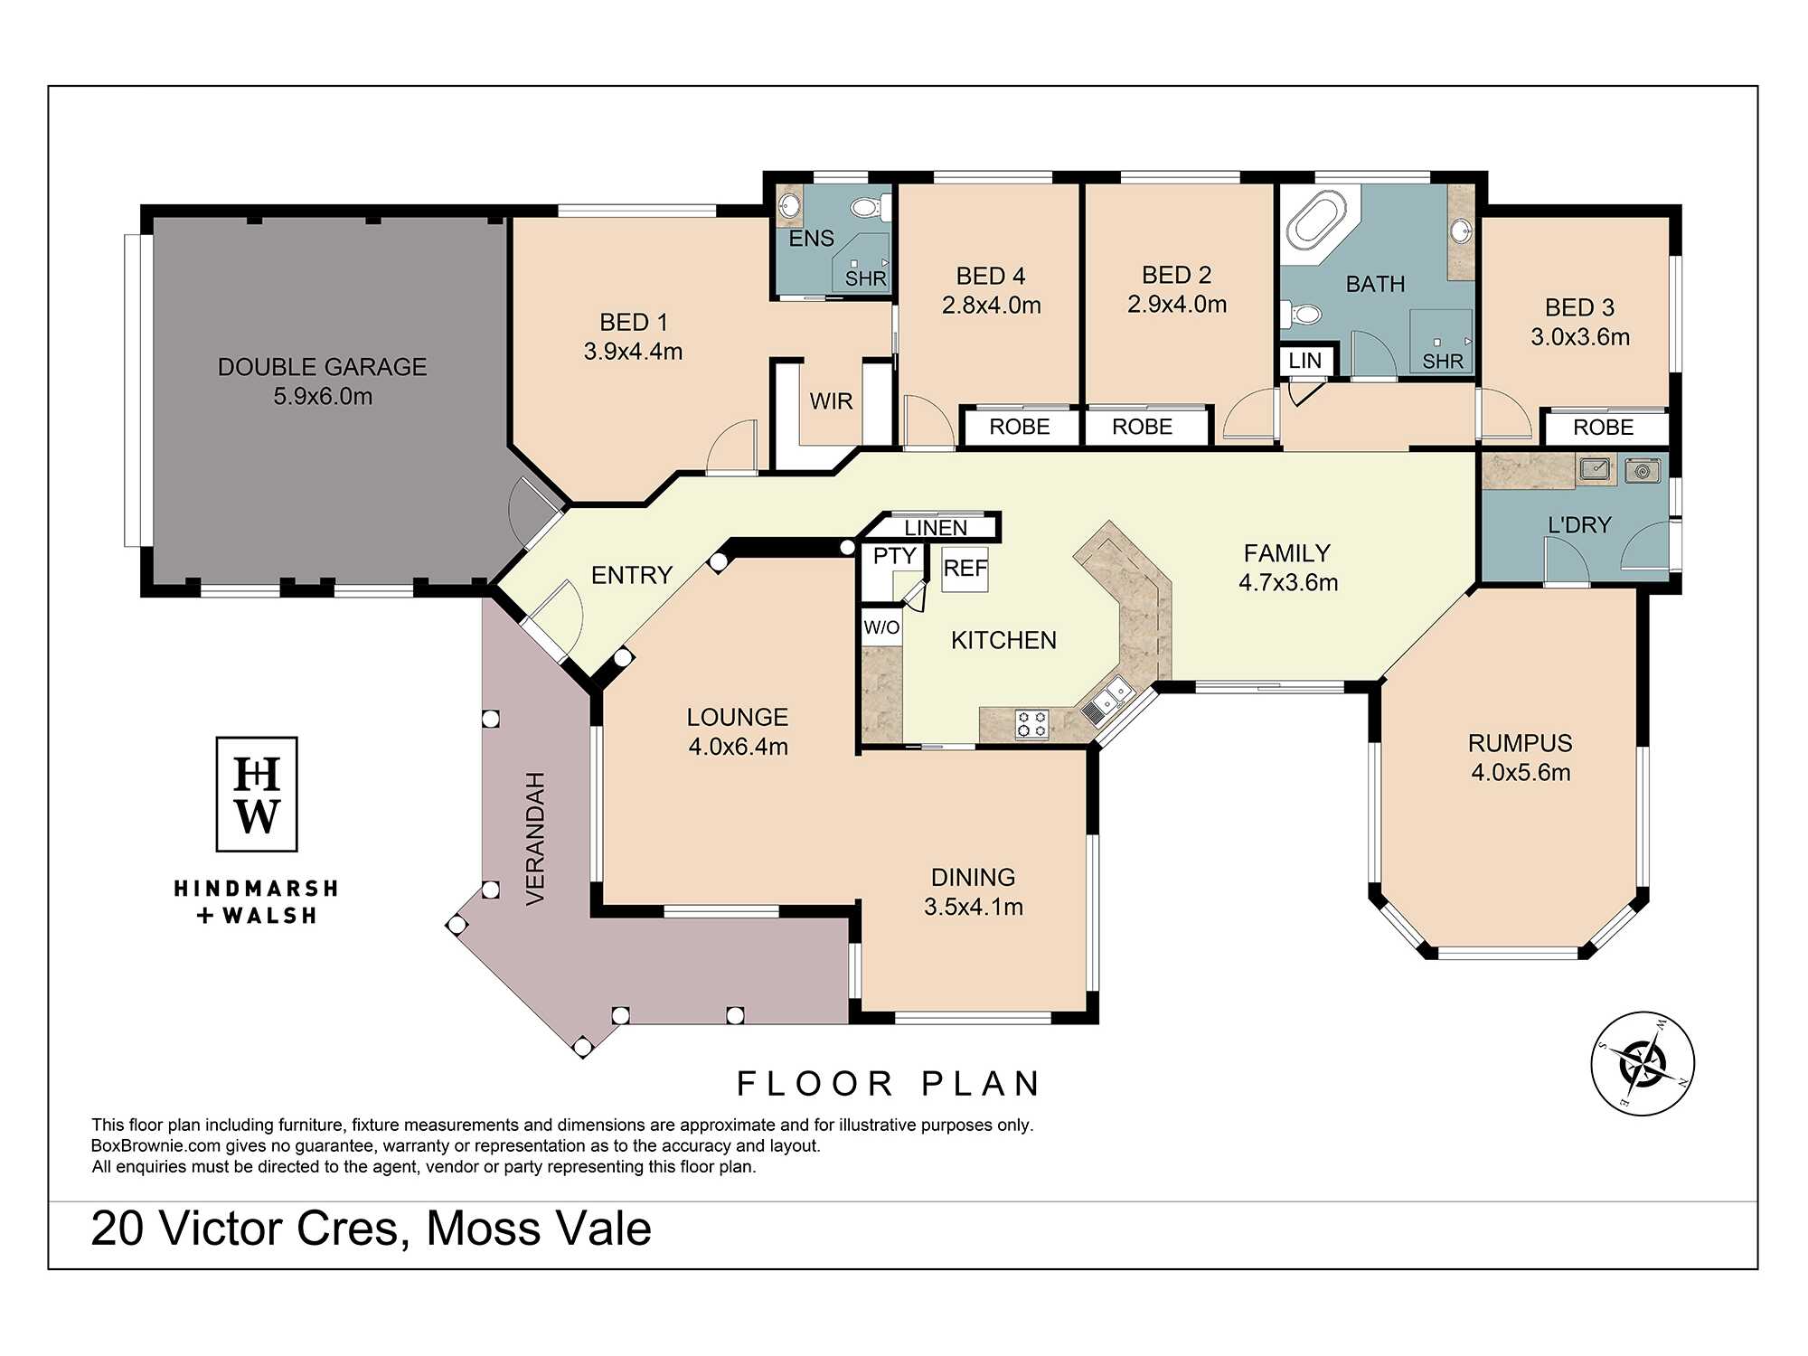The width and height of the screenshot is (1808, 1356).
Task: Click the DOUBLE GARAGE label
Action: (322, 367)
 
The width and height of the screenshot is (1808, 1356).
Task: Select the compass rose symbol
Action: (1643, 1063)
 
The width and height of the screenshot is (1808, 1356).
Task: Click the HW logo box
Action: (257, 794)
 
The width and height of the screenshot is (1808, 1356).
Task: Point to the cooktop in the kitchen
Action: (1031, 723)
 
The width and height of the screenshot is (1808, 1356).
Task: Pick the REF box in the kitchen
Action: (965, 569)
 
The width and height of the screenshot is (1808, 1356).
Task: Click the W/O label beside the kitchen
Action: (881, 627)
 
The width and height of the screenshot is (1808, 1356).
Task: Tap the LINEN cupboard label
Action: (936, 528)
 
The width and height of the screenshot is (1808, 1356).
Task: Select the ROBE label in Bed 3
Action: (1603, 428)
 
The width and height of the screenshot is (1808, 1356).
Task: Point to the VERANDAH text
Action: (535, 839)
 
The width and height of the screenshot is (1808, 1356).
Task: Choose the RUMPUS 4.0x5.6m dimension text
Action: (1521, 773)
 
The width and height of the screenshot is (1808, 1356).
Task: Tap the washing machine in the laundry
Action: (1643, 470)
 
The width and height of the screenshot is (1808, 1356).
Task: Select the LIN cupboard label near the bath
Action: (1304, 361)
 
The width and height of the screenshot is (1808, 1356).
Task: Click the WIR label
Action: (831, 401)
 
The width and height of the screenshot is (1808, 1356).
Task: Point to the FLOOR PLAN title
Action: (890, 1083)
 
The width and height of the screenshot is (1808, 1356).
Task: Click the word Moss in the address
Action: (483, 1229)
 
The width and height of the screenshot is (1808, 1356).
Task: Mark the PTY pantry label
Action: (895, 556)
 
